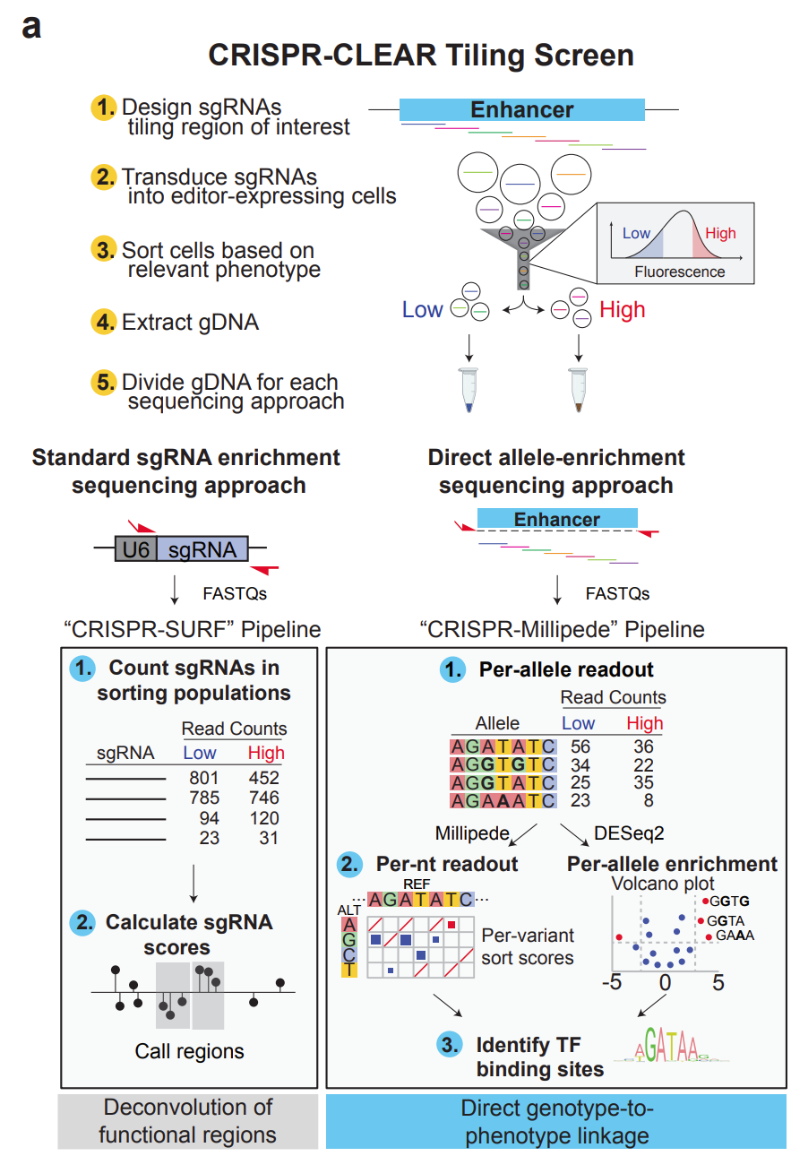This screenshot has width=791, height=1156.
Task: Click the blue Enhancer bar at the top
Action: pos(521,110)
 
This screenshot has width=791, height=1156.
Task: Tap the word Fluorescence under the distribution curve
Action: pos(680,272)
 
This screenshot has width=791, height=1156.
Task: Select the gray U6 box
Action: pos(135,548)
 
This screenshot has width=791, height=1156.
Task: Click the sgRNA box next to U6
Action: pos(202,548)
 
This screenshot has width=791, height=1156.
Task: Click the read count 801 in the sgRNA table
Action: pos(205,778)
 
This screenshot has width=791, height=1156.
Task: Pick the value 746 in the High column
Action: pos(264,798)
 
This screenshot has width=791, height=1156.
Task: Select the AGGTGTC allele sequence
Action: pos(503,764)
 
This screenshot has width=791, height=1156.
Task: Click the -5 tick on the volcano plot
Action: pos(612,982)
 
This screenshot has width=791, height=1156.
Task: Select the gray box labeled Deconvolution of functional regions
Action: pos(187,1121)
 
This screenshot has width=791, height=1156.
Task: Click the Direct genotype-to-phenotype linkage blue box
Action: pos(556,1121)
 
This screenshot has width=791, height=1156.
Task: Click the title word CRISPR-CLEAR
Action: pos(317,55)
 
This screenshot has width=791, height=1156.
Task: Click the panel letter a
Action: pos(31,26)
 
